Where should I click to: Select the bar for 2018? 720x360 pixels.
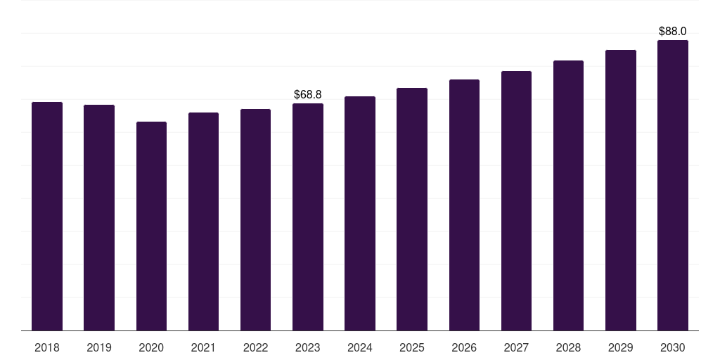47,217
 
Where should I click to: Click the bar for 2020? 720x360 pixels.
151,226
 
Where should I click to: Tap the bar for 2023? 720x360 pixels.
308,217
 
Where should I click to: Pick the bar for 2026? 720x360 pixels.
464,205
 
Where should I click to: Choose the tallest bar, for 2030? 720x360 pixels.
673,186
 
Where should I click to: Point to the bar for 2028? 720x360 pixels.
568,195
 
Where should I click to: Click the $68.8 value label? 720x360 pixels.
308,95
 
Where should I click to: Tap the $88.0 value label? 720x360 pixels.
673,31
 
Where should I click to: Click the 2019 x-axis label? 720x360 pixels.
99,347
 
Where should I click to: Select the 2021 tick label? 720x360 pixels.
203,347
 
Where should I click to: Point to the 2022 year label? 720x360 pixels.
255,347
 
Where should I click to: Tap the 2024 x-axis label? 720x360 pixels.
360,347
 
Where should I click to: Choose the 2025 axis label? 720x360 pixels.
412,347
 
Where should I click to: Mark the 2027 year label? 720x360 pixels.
516,347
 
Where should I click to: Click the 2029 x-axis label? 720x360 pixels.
621,347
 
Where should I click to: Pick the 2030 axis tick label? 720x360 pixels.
673,347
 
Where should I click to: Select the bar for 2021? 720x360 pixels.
203,221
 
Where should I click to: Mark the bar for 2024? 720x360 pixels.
360,214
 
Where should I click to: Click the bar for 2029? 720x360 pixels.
621,190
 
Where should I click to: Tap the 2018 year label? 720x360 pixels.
47,347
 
